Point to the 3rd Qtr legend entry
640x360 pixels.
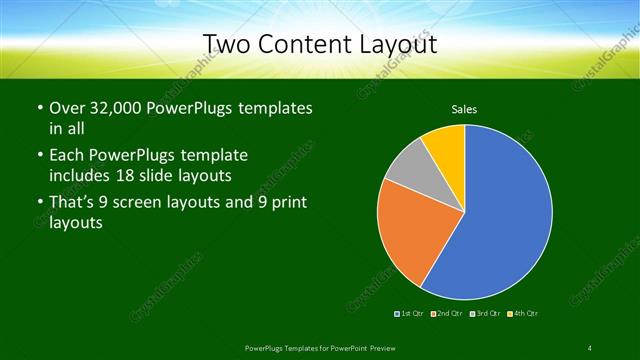[x=486, y=314]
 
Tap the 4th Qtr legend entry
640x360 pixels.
[x=524, y=314]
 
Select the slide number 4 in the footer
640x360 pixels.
[x=590, y=347]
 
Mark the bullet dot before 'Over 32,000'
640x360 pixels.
[x=39, y=108]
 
